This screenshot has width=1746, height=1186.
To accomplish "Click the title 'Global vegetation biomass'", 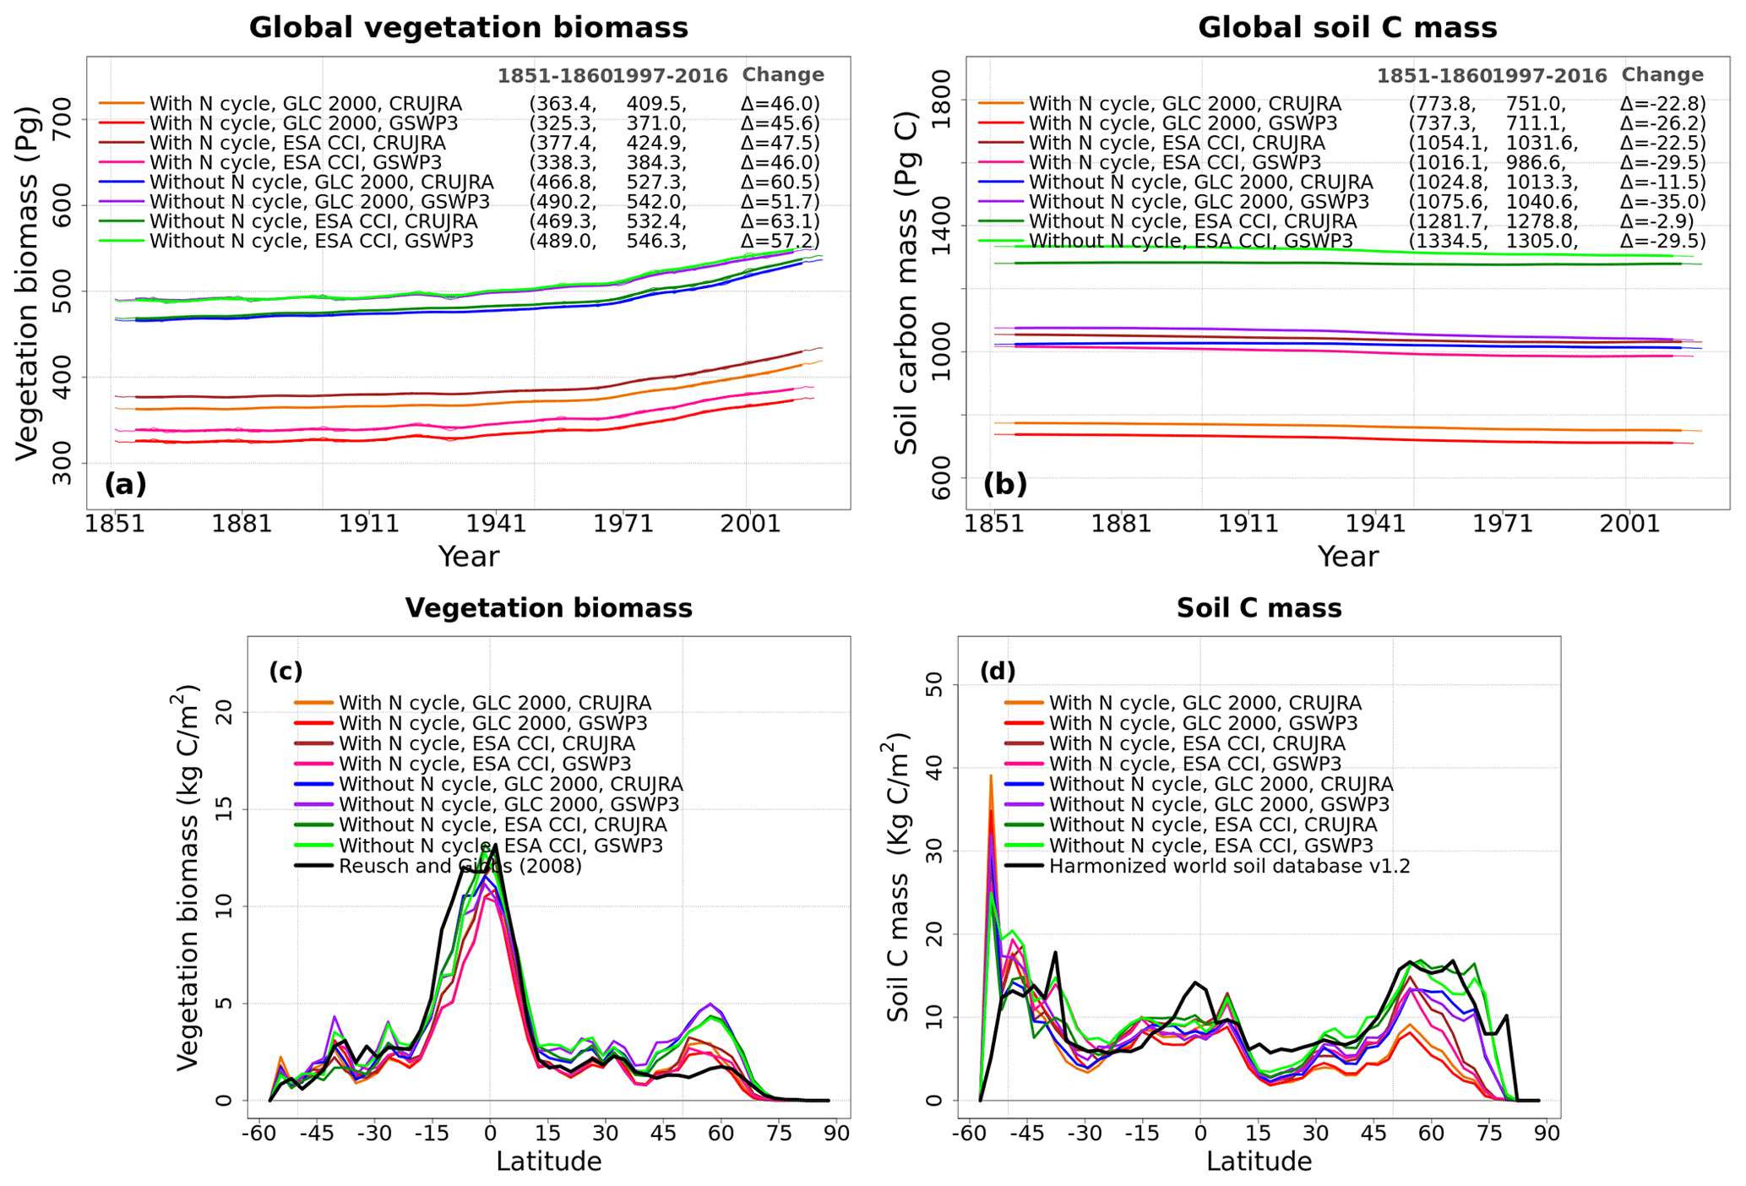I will coord(468,28).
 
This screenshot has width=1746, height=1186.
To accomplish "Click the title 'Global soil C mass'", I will coord(1347,28).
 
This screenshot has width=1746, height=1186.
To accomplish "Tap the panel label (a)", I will coord(125,484).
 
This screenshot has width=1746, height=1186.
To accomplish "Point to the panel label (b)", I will coord(1005,484).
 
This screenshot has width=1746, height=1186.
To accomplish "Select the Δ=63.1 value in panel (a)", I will coord(780,221).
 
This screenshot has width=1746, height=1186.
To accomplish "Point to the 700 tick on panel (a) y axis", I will coord(63,119).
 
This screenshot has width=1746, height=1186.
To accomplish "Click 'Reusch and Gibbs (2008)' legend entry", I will coord(460,867).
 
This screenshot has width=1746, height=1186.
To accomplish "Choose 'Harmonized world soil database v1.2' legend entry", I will coord(1229,867).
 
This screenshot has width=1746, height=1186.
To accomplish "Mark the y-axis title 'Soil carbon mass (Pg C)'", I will coord(906,281).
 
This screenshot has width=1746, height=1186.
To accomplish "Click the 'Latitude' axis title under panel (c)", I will coord(548,1162).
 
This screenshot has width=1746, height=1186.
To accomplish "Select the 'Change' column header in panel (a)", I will coord(783,75).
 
